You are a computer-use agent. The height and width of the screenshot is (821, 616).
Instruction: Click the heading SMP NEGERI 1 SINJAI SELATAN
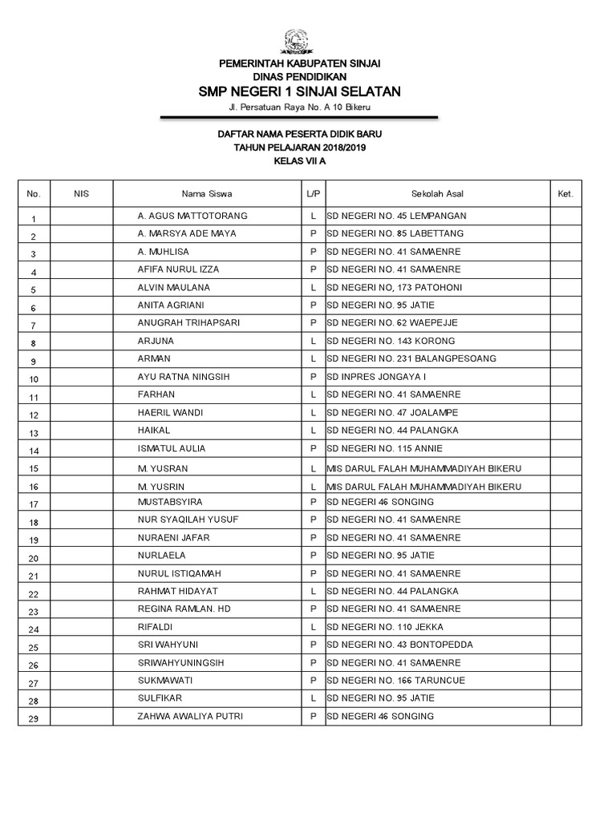click(x=300, y=92)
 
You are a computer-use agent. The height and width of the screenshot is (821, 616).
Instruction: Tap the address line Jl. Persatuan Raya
click(x=299, y=107)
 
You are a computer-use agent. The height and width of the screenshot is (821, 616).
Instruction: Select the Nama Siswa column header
click(x=207, y=194)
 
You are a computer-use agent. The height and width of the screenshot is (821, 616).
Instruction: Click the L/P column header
click(x=313, y=194)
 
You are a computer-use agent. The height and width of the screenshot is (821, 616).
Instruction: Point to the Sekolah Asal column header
click(x=437, y=194)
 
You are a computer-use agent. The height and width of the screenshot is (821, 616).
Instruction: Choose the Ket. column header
click(x=565, y=194)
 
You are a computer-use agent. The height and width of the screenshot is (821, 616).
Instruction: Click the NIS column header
click(x=81, y=194)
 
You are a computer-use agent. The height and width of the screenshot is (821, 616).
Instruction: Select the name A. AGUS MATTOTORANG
click(x=192, y=216)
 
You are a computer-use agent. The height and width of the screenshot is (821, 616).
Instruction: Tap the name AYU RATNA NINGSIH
click(x=185, y=377)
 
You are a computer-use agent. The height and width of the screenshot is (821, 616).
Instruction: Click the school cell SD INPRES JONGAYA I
click(x=376, y=377)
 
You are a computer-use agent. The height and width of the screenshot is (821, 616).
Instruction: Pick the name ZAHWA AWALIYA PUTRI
click(x=190, y=716)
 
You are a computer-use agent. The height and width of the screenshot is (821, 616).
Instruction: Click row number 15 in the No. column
click(x=34, y=469)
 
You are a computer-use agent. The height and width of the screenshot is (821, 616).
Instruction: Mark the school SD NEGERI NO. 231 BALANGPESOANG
click(x=411, y=358)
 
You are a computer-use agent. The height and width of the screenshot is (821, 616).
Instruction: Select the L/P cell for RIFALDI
click(x=313, y=627)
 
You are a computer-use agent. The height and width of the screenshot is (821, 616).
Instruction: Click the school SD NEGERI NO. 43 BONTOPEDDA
click(x=399, y=645)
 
